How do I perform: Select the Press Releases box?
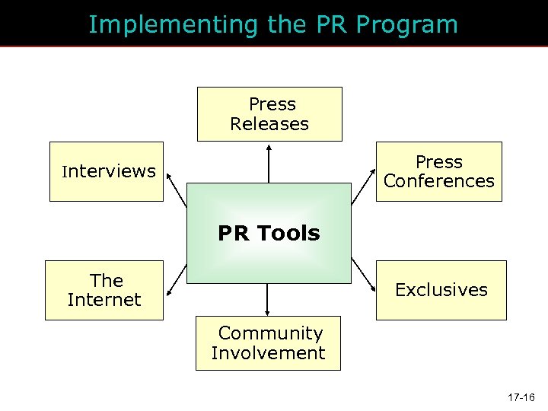(x=269, y=114)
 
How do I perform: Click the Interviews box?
(x=107, y=171)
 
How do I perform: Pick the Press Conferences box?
(x=439, y=171)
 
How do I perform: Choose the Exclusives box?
(x=441, y=290)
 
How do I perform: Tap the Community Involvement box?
(x=268, y=343)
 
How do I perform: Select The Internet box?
(x=104, y=290)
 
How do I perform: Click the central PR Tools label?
(x=269, y=233)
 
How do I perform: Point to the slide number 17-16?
(x=521, y=397)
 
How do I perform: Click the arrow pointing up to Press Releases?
(x=269, y=164)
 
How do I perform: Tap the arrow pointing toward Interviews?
(x=177, y=190)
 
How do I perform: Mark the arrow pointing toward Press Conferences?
(x=362, y=191)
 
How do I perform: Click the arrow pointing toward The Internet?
(x=177, y=276)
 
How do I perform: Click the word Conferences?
(x=439, y=181)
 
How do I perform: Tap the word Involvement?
(x=268, y=353)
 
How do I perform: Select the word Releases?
(x=269, y=124)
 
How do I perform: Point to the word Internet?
(x=104, y=300)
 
